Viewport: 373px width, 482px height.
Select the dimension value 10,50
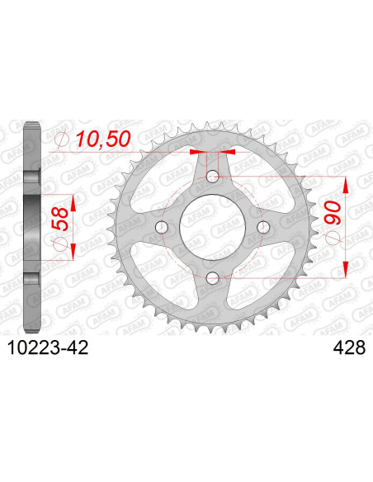tap(102, 141)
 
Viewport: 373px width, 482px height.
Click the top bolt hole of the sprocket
tap(212, 176)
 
